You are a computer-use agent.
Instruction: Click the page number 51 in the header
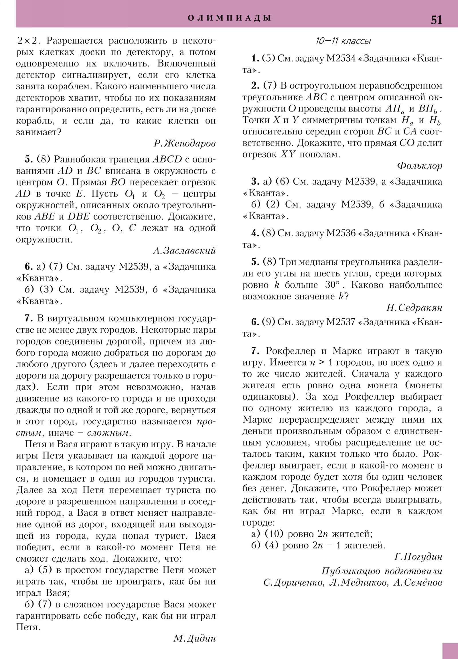(x=436, y=20)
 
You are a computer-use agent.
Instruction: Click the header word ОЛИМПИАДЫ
(x=229, y=18)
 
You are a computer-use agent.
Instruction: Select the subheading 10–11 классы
(x=343, y=41)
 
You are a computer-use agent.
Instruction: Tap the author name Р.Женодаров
(x=185, y=143)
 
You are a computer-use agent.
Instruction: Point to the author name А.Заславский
(x=184, y=251)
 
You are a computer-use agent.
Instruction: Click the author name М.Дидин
(x=194, y=638)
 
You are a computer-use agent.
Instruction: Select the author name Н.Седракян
(x=414, y=308)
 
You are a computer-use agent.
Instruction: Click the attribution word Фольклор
(x=420, y=166)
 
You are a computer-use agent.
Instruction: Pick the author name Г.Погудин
(x=418, y=556)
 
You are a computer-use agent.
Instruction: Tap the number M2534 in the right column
(x=341, y=58)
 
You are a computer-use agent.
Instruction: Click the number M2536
(x=341, y=233)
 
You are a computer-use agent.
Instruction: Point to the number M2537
(x=341, y=322)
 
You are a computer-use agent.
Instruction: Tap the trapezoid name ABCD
(x=167, y=159)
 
